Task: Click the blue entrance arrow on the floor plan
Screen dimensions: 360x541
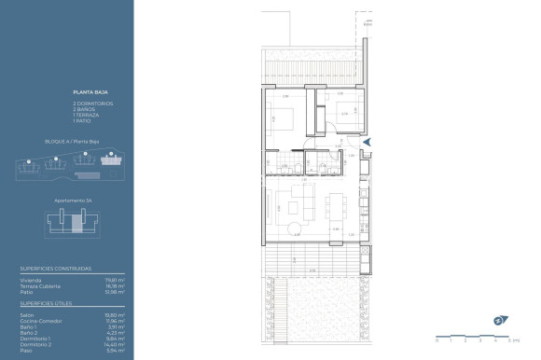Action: (367, 142)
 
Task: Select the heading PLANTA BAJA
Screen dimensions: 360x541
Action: (88, 94)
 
